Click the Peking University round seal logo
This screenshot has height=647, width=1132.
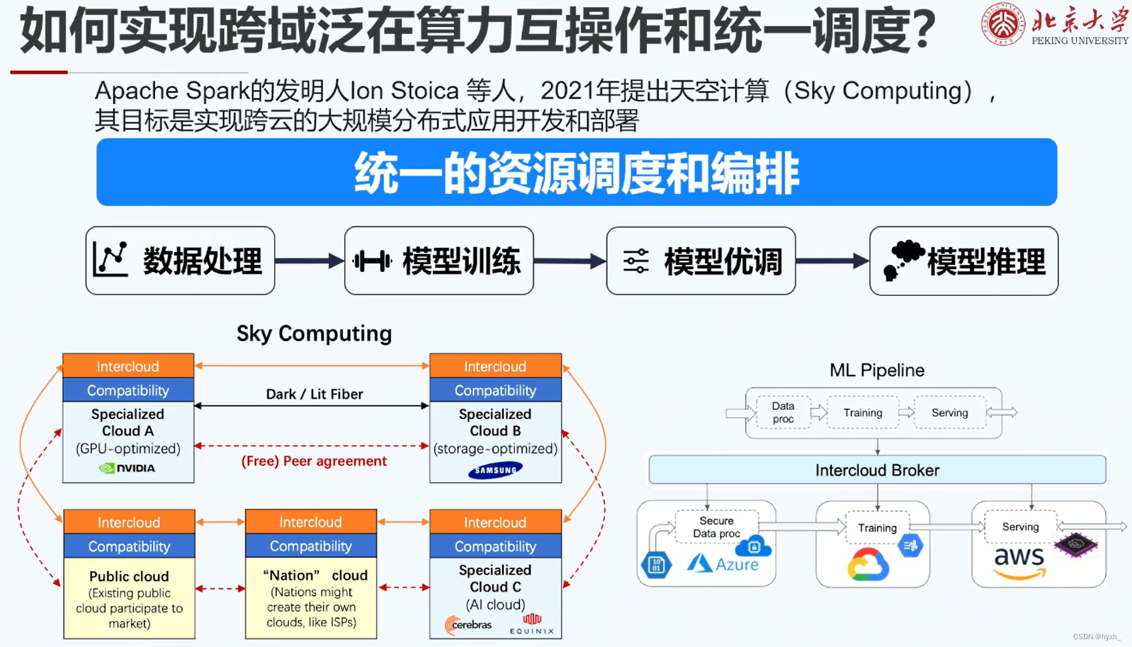pos(1002,24)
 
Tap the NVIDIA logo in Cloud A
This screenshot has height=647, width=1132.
pos(128,468)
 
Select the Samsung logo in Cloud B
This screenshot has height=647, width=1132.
pos(495,470)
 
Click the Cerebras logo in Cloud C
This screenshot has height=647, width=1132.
pos(468,624)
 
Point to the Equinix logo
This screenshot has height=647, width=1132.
pos(532,624)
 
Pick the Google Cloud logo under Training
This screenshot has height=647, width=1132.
pos(868,565)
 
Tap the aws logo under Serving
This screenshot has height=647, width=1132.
pos(1019,561)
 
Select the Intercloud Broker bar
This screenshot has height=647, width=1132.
pos(877,470)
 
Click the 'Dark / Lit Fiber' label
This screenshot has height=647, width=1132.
pos(314,394)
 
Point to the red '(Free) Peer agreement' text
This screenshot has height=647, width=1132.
pos(314,461)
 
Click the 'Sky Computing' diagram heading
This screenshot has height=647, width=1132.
pos(314,333)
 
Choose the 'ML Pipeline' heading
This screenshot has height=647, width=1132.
pos(877,370)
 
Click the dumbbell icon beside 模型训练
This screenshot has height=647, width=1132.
pos(373,261)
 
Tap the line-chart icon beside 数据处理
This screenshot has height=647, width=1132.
pos(111,260)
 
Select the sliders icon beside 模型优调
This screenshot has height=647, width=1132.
pos(635,261)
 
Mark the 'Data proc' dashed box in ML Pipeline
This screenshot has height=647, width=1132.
pos(783,412)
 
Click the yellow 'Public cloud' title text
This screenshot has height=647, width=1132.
pos(129,576)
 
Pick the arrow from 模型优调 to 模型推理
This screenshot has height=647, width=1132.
pos(832,261)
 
